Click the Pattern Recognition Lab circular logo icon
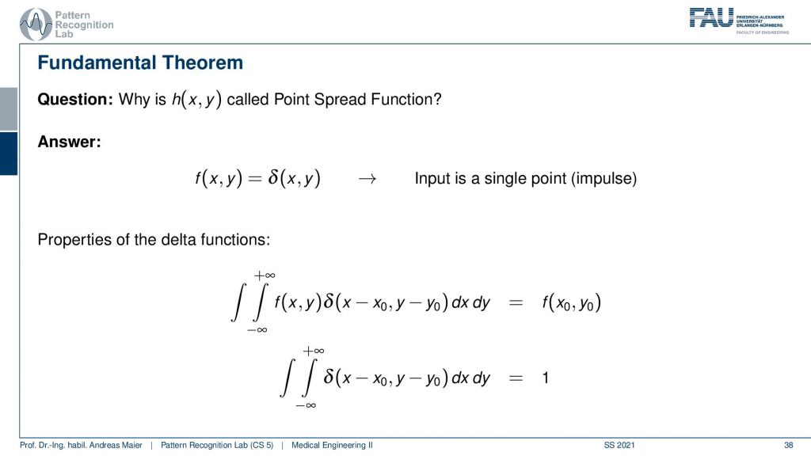coord(36,25)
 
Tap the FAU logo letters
coord(711,17)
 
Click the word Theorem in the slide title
coord(202,63)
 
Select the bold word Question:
coord(75,99)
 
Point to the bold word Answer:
coord(70,142)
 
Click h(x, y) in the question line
coord(196,99)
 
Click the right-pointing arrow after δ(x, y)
coord(367,179)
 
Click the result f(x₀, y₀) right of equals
coord(572,302)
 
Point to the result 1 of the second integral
coord(545,378)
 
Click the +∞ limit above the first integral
coord(265,275)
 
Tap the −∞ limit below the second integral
coord(306,405)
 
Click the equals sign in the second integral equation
coord(516,378)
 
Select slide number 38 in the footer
coord(788,445)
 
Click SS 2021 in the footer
coord(619,445)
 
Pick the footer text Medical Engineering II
coord(332,445)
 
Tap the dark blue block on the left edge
coord(9,154)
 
